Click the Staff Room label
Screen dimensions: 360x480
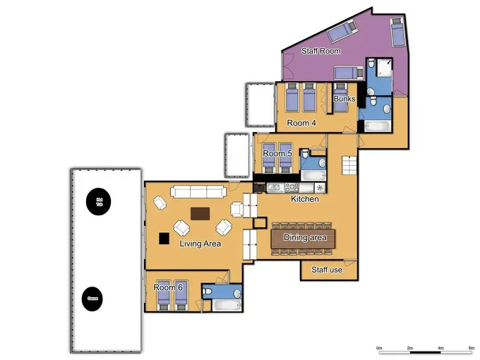[x=320, y=51]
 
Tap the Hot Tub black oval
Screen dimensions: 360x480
[x=99, y=202]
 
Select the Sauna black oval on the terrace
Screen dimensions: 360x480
[x=92, y=299]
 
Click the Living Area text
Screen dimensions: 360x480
[x=200, y=244]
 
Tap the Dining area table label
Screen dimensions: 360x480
[x=305, y=238]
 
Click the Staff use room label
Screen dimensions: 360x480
[x=326, y=270]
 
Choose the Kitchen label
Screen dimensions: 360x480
[x=305, y=199]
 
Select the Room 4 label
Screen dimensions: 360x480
[x=301, y=123]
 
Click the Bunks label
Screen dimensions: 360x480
[x=344, y=100]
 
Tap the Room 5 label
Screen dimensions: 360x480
[x=277, y=153]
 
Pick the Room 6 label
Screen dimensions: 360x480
[x=169, y=287]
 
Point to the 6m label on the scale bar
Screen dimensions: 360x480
[x=471, y=349]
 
